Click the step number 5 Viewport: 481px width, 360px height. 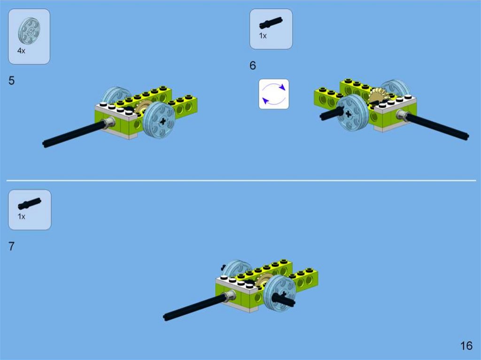(12, 81)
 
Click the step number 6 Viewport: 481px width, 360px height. (252, 65)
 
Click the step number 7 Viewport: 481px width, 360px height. (11, 246)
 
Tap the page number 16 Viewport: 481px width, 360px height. (466, 345)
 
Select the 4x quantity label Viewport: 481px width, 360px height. (21, 51)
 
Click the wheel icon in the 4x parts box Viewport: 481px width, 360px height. (29, 31)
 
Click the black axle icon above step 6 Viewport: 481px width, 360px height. (271, 23)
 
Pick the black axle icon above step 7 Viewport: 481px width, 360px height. (30, 204)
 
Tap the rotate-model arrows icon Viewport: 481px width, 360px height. (274, 94)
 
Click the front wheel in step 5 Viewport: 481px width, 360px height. (159, 120)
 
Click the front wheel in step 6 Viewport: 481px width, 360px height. (352, 112)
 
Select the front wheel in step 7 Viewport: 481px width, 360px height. (279, 293)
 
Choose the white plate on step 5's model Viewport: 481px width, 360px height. (116, 112)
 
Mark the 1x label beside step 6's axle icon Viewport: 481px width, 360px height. (263, 36)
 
